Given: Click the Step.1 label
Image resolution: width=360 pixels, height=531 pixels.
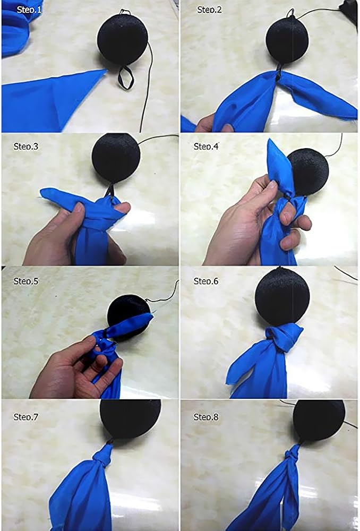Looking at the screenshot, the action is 29,10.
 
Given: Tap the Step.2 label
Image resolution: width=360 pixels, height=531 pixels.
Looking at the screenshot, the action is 209,10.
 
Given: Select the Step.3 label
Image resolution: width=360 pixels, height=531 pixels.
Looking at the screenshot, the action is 26,147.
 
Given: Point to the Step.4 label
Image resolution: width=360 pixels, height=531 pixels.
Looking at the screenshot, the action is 206,147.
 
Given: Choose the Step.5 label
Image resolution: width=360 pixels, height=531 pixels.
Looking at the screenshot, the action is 26,281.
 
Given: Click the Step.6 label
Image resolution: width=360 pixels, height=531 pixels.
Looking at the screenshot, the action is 206,281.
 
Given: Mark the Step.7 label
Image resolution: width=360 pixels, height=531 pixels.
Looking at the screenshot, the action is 26,417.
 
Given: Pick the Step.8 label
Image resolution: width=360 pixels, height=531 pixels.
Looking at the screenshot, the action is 206,417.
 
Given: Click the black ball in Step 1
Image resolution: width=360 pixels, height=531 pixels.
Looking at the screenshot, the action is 123,38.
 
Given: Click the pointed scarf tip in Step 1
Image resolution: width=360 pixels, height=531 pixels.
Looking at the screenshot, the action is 106,71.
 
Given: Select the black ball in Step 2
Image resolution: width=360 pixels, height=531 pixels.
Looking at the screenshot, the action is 287,40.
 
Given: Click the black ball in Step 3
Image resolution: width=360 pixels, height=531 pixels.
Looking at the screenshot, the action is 116,157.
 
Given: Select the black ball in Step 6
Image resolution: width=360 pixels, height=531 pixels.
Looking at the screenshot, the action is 282,297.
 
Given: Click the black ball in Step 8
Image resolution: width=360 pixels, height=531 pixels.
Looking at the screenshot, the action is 319,420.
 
